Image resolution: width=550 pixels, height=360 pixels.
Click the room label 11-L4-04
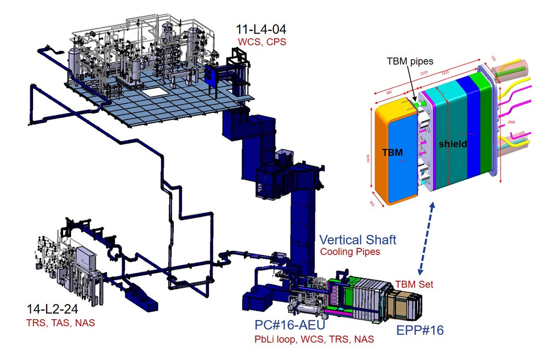click(x=261, y=29)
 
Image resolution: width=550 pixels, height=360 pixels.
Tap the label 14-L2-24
click(x=56, y=310)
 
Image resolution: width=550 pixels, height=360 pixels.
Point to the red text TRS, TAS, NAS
click(x=60, y=323)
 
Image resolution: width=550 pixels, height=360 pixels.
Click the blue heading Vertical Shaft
click(x=357, y=239)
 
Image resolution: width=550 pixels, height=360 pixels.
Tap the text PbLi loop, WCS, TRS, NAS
click(x=314, y=339)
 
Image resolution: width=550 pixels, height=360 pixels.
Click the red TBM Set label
click(x=414, y=284)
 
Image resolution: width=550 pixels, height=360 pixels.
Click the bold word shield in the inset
click(x=452, y=144)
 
